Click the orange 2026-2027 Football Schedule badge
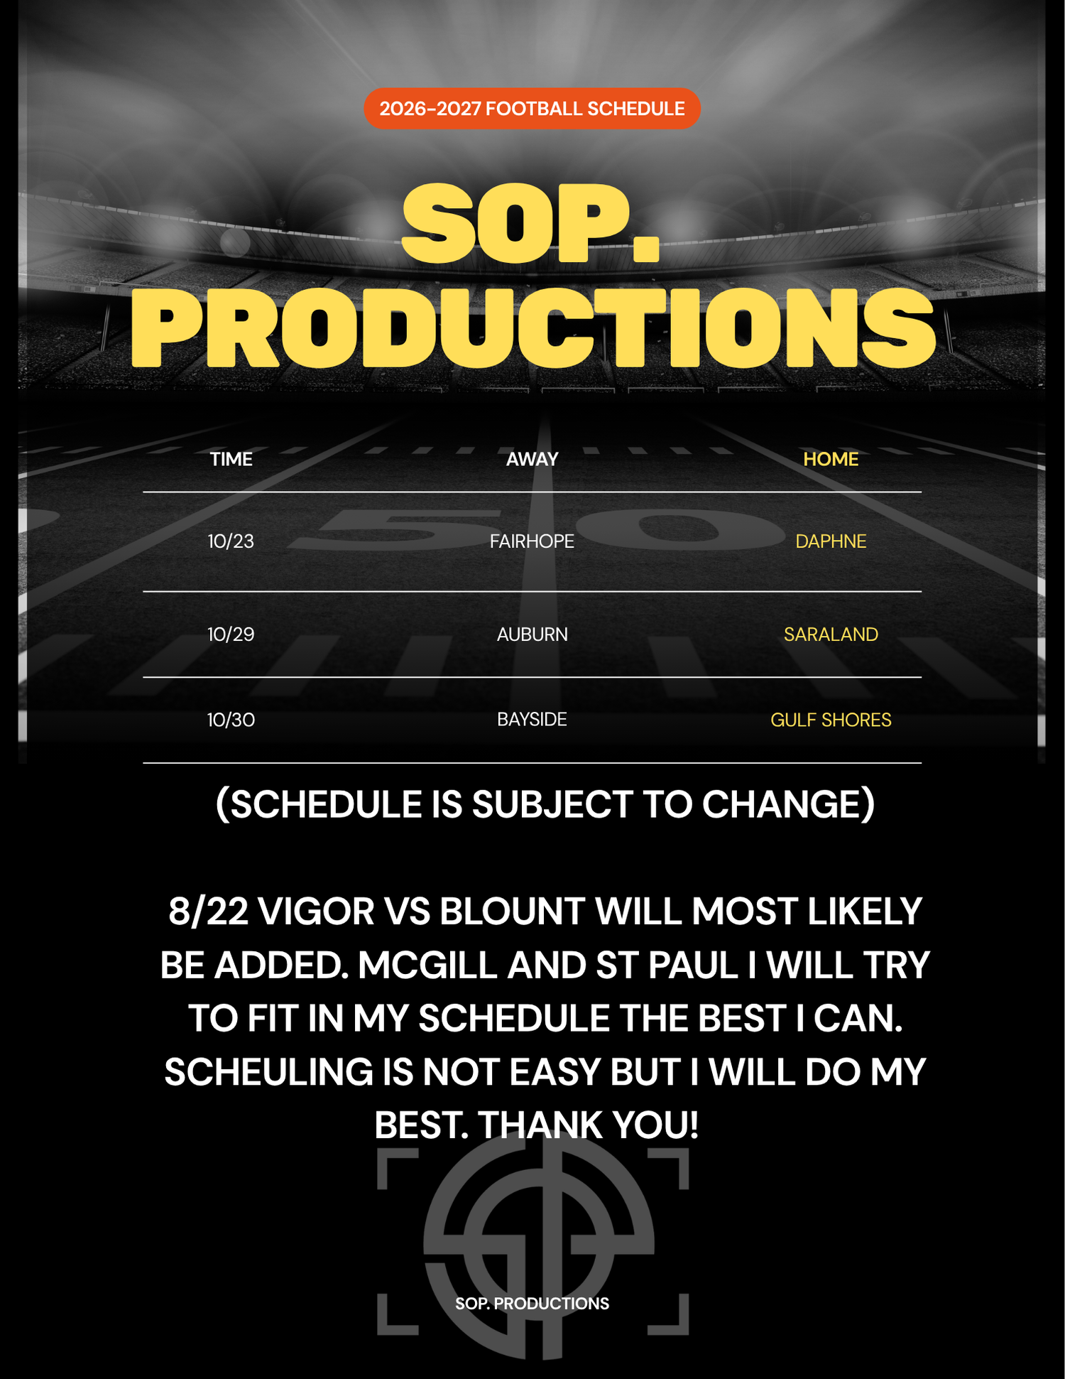(532, 109)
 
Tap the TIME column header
(231, 459)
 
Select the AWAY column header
(532, 459)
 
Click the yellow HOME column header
(831, 459)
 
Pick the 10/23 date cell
(231, 541)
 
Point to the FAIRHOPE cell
(532, 541)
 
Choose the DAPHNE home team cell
(831, 541)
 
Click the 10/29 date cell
(231, 634)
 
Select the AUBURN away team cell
(532, 634)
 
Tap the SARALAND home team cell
(831, 634)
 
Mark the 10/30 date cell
(231, 720)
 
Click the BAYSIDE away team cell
(532, 720)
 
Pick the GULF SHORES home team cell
(831, 720)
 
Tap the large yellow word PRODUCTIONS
(532, 328)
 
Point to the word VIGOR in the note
(315, 912)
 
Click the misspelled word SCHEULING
(268, 1072)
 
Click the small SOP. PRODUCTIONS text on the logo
(532, 1304)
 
